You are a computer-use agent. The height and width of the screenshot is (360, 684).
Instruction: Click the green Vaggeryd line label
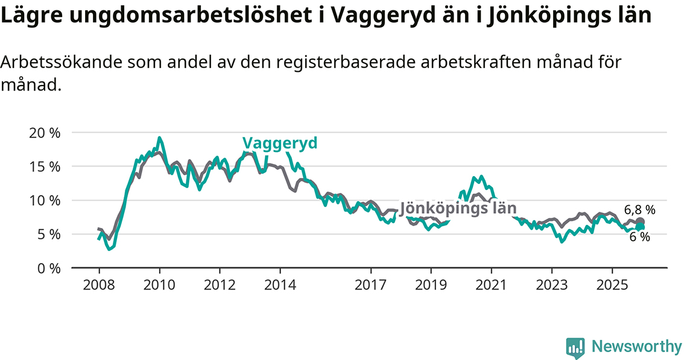(x=280, y=143)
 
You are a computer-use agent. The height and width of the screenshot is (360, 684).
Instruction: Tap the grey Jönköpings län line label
(x=458, y=208)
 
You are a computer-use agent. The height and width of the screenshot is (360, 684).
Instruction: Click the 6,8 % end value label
(x=639, y=210)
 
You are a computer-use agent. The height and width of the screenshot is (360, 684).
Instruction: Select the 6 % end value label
(x=639, y=238)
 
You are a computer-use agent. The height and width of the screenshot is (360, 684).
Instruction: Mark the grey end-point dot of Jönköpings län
(x=640, y=222)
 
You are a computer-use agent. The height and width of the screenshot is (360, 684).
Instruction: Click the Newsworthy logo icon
(x=575, y=347)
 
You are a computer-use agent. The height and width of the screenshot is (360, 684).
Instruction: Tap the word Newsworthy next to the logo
(x=636, y=347)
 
